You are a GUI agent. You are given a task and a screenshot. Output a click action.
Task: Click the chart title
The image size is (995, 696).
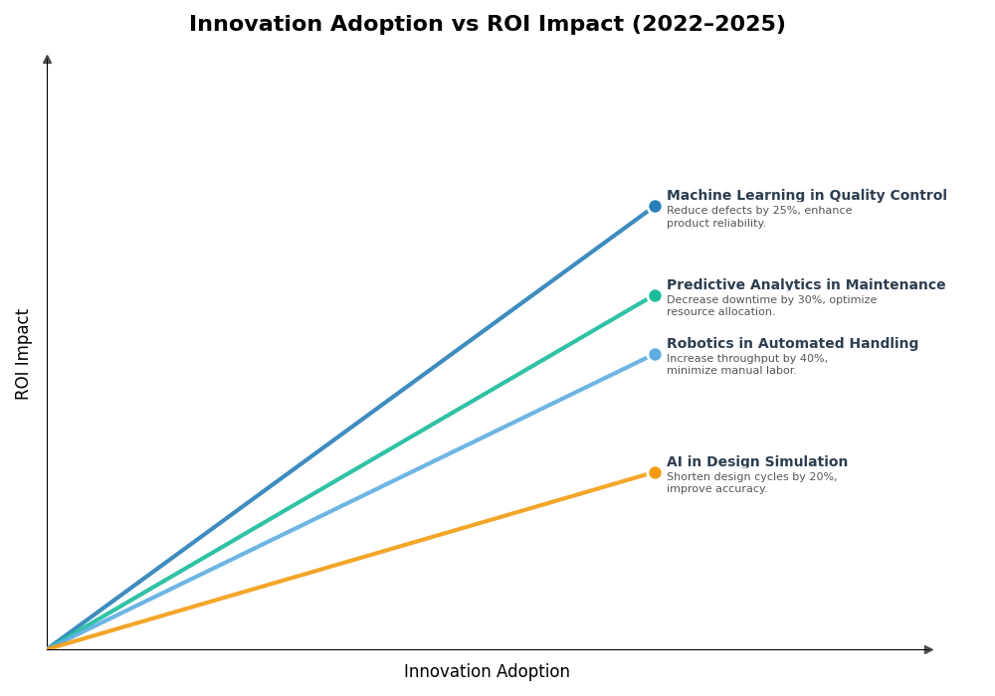[487, 25]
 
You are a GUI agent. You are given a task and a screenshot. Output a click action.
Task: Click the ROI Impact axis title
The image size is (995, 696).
[23, 354]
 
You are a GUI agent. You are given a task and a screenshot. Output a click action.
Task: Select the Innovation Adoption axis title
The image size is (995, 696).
[487, 672]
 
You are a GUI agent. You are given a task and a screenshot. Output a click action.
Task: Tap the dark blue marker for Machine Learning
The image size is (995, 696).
[655, 207]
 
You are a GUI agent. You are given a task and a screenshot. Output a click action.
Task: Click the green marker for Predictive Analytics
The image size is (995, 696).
[655, 295]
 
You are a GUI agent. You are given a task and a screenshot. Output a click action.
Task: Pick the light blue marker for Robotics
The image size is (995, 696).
[655, 355]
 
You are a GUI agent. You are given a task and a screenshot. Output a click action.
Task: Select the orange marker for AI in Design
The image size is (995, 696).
[655, 473]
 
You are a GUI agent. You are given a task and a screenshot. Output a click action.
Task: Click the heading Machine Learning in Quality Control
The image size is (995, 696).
[806, 196]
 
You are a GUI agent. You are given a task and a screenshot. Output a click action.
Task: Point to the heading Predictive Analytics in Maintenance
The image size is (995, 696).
[805, 285]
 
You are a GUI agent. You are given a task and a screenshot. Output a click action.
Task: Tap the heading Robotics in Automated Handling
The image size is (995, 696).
[792, 344]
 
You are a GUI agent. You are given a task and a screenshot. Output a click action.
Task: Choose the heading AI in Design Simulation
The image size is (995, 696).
[756, 462]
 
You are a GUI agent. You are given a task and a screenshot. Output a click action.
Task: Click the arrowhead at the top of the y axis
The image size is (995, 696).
[47, 60]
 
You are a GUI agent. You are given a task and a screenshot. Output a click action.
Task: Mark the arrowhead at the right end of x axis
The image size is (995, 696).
[928, 649]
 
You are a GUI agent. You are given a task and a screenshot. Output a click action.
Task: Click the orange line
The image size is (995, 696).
[348, 562]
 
